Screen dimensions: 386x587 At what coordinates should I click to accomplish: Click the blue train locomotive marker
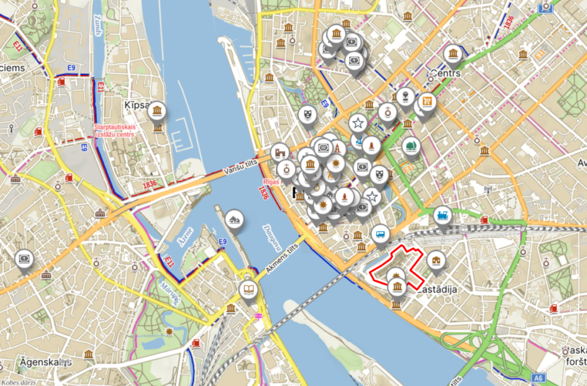[442, 216]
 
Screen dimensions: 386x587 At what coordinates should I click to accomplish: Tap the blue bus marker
[381, 234]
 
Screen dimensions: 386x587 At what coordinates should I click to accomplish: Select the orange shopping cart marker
[428, 101]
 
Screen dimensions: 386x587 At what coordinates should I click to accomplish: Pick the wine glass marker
[405, 96]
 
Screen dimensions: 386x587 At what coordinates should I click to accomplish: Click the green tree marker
[412, 145]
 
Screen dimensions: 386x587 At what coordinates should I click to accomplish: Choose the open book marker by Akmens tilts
[248, 289]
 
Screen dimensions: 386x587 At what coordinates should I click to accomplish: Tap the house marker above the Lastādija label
[436, 261]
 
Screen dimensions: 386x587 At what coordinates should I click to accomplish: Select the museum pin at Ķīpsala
[157, 110]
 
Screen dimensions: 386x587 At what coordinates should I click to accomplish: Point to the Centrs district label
[445, 73]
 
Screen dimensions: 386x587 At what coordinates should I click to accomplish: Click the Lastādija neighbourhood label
[436, 290]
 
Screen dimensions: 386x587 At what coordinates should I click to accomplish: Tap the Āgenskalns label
[36, 361]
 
